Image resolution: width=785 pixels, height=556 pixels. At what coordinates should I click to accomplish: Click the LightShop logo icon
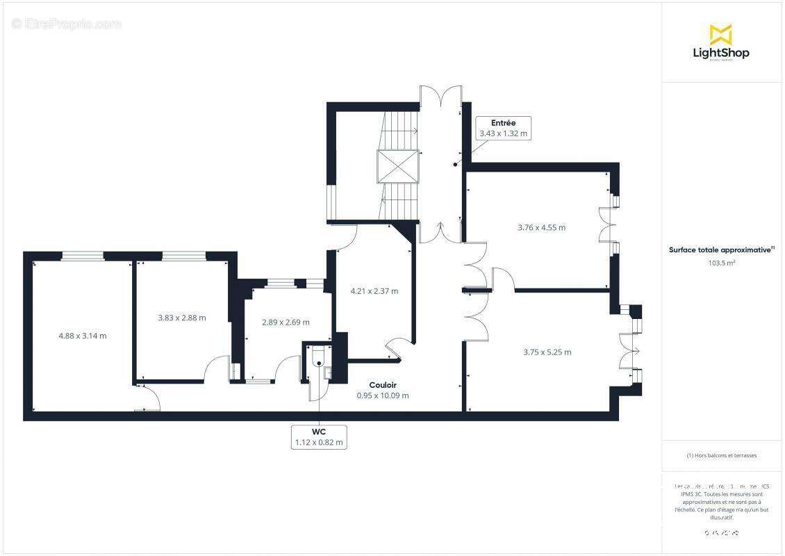(720, 34)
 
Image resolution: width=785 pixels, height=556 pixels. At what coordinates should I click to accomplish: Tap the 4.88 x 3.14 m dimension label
(82, 336)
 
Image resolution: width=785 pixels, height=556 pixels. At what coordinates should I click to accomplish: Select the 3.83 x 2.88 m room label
(182, 318)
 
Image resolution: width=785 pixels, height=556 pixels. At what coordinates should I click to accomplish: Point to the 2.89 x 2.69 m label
(286, 322)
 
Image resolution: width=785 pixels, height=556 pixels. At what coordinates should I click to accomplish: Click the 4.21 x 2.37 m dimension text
(374, 291)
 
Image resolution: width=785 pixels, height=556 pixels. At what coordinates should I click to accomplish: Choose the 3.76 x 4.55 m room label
(541, 227)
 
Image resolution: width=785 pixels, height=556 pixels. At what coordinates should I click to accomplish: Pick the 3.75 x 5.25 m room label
(547, 352)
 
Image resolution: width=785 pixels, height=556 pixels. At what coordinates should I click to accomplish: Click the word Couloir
(383, 385)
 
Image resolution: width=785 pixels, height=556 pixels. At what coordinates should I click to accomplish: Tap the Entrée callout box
(503, 129)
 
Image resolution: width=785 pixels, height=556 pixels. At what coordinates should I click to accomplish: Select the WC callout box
(320, 436)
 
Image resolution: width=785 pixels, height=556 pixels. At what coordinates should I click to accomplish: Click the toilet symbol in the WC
(318, 358)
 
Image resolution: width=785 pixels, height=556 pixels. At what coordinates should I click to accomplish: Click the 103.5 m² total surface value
(722, 263)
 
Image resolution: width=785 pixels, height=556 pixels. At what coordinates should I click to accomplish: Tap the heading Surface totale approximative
(720, 250)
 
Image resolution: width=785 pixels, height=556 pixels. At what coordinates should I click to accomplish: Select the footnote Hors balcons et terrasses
(722, 455)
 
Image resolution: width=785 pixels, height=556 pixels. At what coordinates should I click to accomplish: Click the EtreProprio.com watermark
(67, 24)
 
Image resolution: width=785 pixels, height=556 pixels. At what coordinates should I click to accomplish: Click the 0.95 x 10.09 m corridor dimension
(383, 395)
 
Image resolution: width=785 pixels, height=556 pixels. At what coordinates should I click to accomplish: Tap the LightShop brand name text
(721, 53)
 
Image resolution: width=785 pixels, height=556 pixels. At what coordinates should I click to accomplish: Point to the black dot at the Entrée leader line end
(456, 165)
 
